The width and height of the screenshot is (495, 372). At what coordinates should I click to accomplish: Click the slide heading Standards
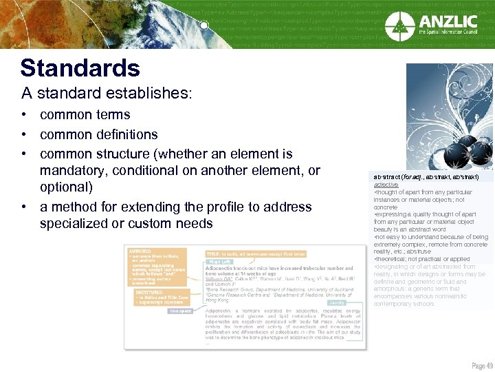[80, 68]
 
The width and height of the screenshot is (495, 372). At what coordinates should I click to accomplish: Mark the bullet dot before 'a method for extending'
[24, 207]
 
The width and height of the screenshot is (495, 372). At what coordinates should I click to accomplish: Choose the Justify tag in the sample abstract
[336, 302]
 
